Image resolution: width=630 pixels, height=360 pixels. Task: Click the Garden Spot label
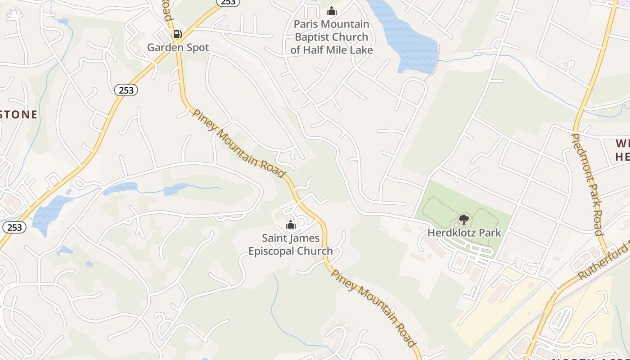coord(178,47)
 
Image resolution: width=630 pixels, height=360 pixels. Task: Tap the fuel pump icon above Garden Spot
coord(178,34)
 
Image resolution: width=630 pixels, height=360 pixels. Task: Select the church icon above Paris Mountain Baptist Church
coord(332,11)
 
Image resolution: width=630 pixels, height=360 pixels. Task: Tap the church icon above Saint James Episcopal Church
coord(291,225)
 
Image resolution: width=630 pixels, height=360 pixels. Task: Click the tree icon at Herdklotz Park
coord(463,220)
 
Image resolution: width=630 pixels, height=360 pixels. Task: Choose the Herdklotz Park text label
coord(464,233)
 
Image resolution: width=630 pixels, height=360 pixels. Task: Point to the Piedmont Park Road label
coord(587,184)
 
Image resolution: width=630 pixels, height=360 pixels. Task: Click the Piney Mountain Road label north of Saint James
coord(238,143)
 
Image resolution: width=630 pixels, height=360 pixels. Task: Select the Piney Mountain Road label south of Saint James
coord(373,308)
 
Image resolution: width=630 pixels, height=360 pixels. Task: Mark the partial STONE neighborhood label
coord(18,114)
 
